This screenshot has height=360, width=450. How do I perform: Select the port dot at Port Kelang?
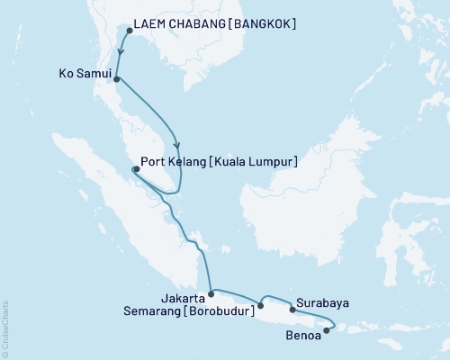point(135,169)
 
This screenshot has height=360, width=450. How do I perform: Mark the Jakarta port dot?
point(211,292)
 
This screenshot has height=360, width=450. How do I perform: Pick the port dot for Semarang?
point(260,306)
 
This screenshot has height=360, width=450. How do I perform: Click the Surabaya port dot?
point(292,310)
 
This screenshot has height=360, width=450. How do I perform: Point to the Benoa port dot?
point(326,330)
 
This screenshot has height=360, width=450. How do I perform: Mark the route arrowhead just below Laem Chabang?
point(121,51)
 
